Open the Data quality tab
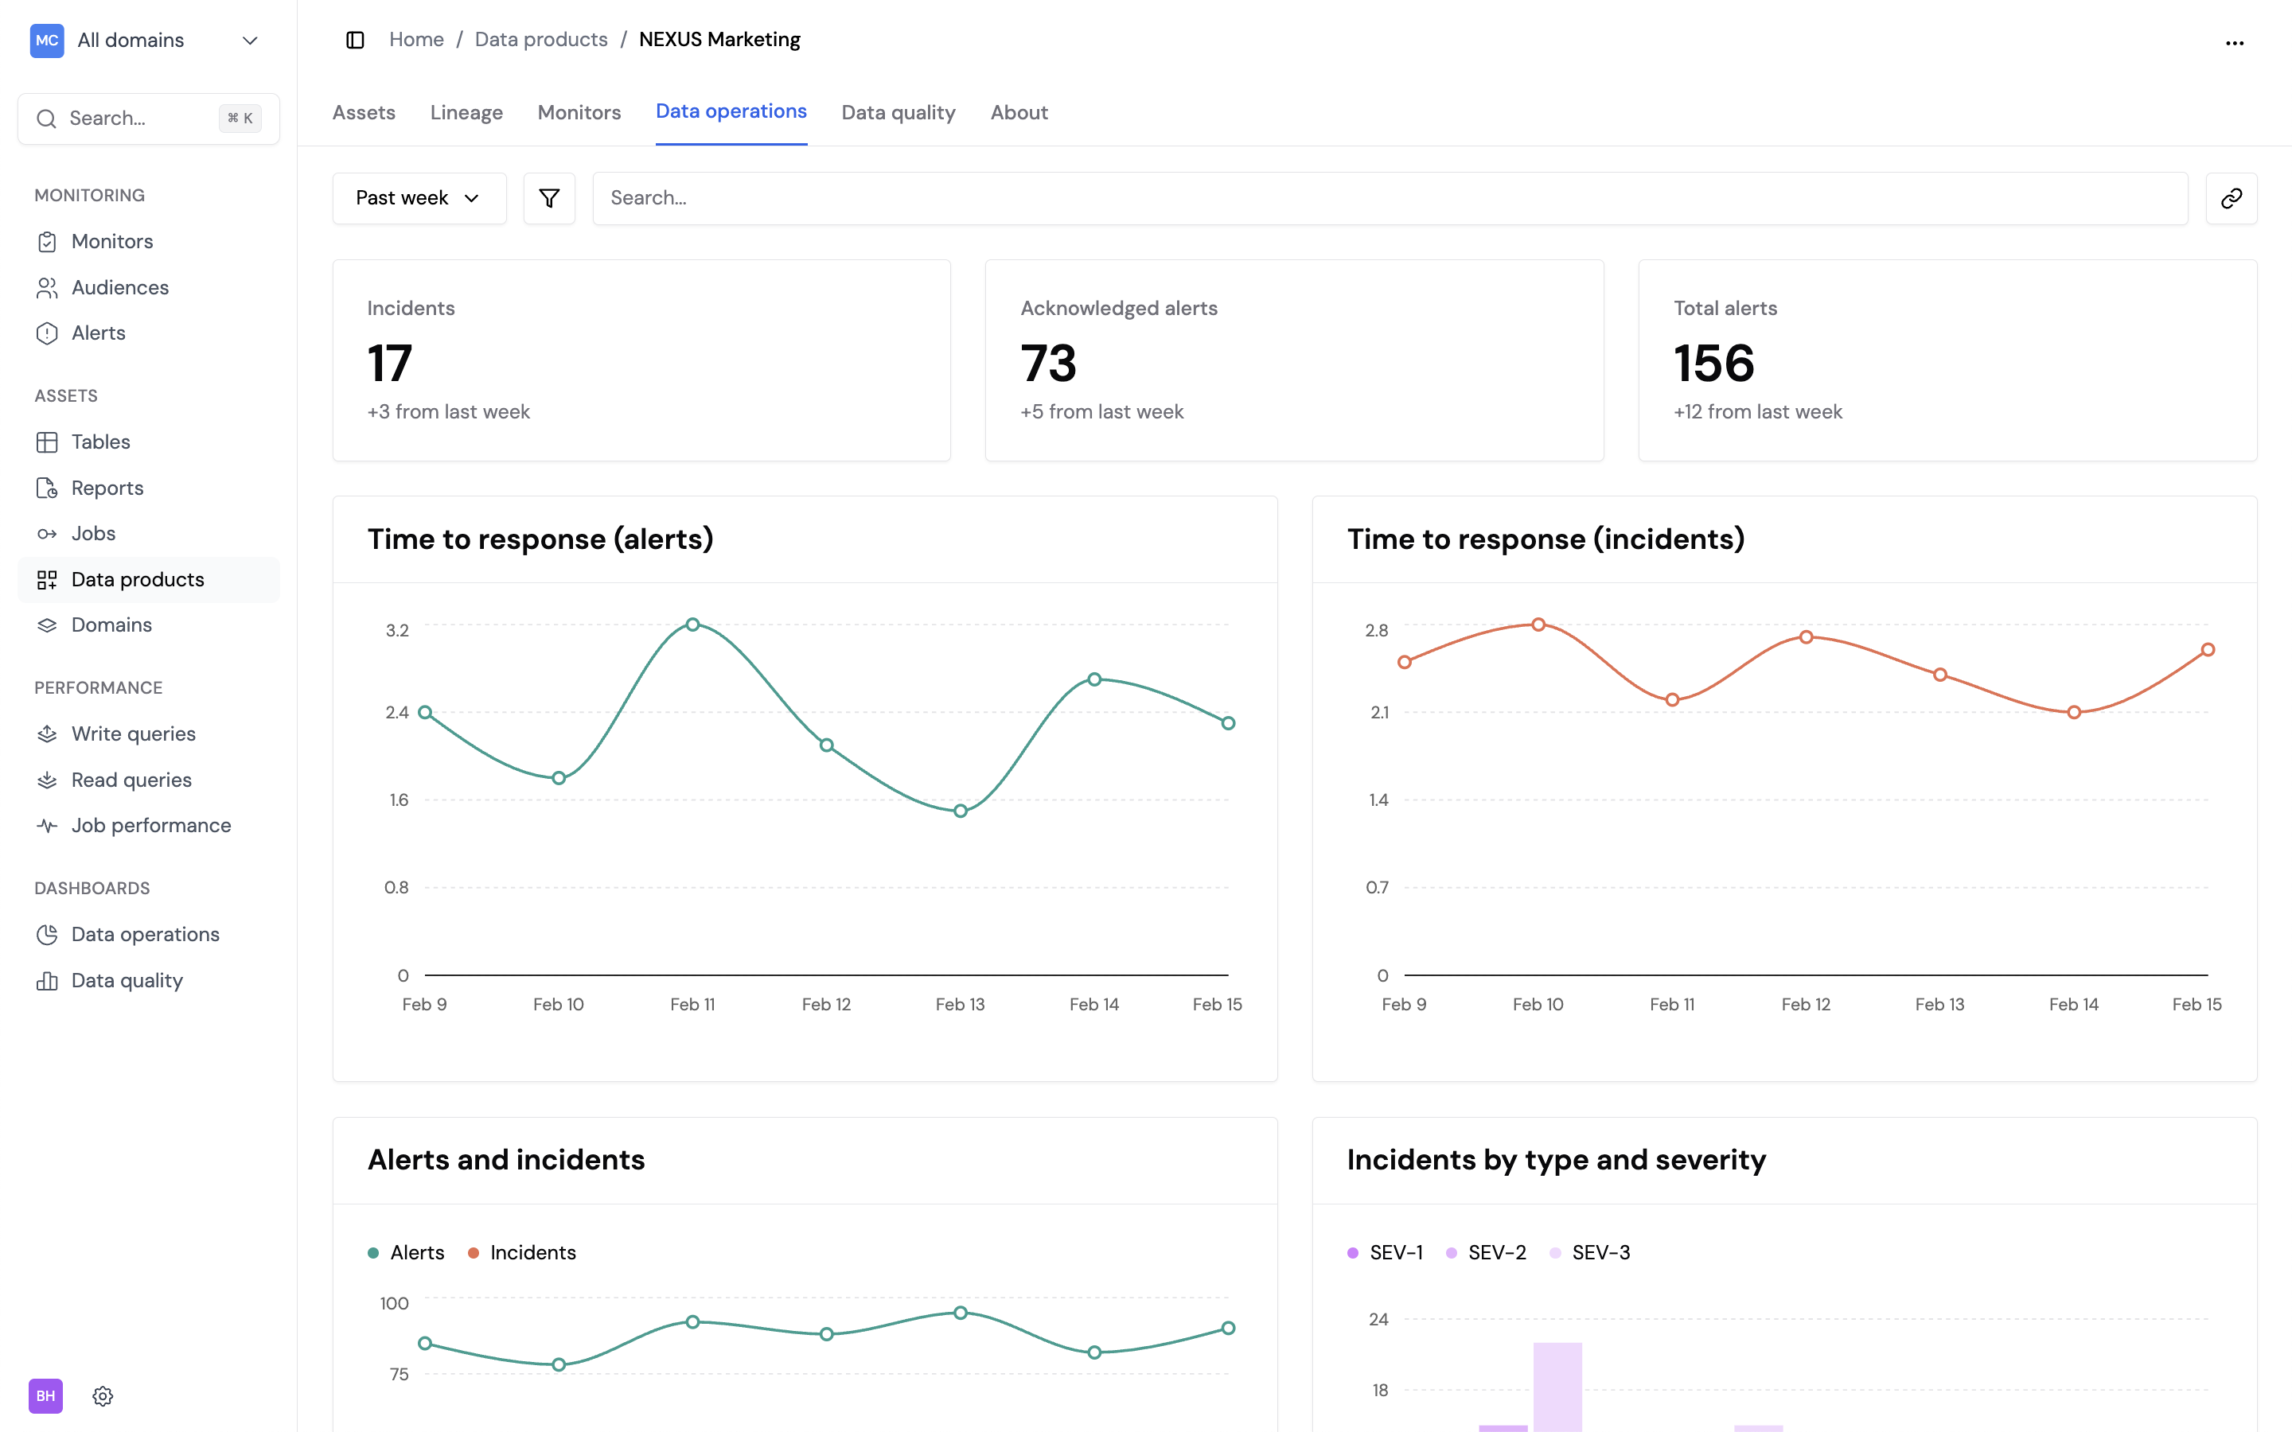tap(898, 113)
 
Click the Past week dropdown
tap(419, 198)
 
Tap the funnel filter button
tap(549, 198)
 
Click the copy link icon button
tap(2231, 198)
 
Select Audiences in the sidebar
tap(119, 287)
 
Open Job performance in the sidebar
tap(150, 825)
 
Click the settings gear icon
tap(103, 1395)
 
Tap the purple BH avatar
tap(45, 1395)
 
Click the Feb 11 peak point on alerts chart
tap(692, 625)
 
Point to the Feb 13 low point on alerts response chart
tap(961, 811)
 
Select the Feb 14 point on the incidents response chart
tap(2073, 712)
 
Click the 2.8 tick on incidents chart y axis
tap(1376, 630)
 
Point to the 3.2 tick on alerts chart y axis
tap(397, 630)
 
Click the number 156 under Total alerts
tap(1713, 364)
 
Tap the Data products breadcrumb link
tap(541, 40)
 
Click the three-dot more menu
tap(2234, 43)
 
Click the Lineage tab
tap(466, 113)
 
